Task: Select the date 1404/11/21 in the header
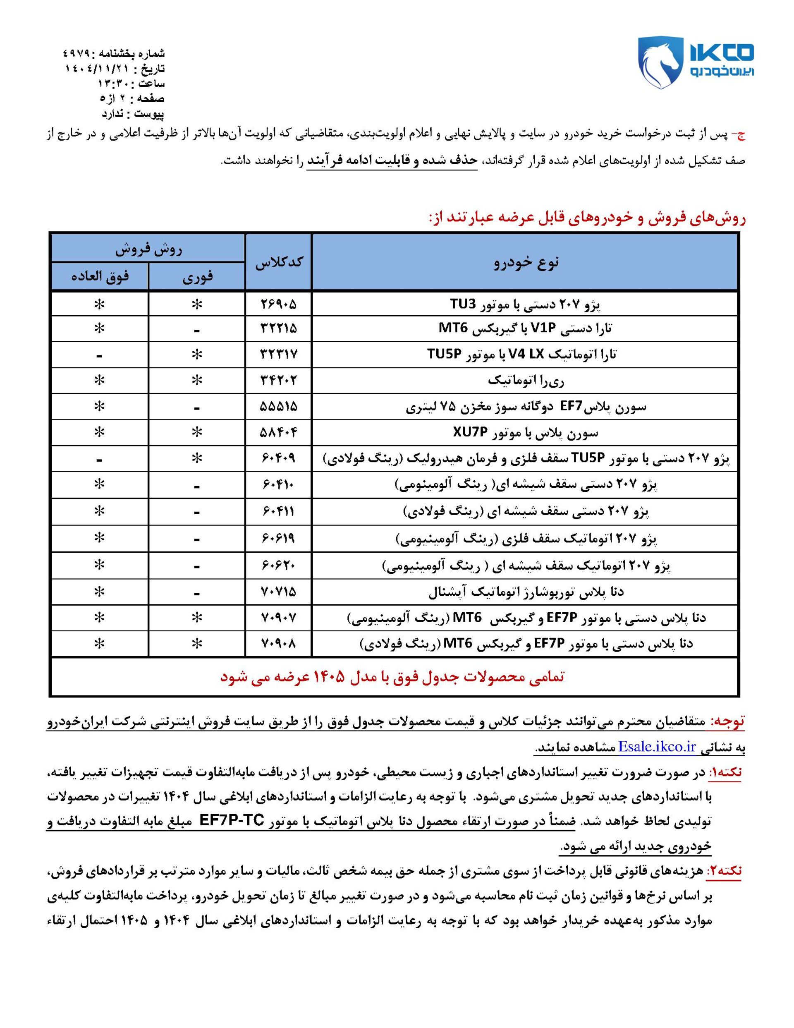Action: click(97, 69)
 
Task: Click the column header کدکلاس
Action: click(279, 262)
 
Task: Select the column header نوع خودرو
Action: click(525, 262)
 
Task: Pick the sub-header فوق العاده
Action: click(100, 276)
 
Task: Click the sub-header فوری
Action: click(197, 276)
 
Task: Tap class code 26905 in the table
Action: click(279, 304)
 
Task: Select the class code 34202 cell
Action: click(279, 380)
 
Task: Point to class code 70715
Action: click(279, 592)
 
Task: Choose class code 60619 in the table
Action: click(279, 538)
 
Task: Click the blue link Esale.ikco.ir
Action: click(657, 747)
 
